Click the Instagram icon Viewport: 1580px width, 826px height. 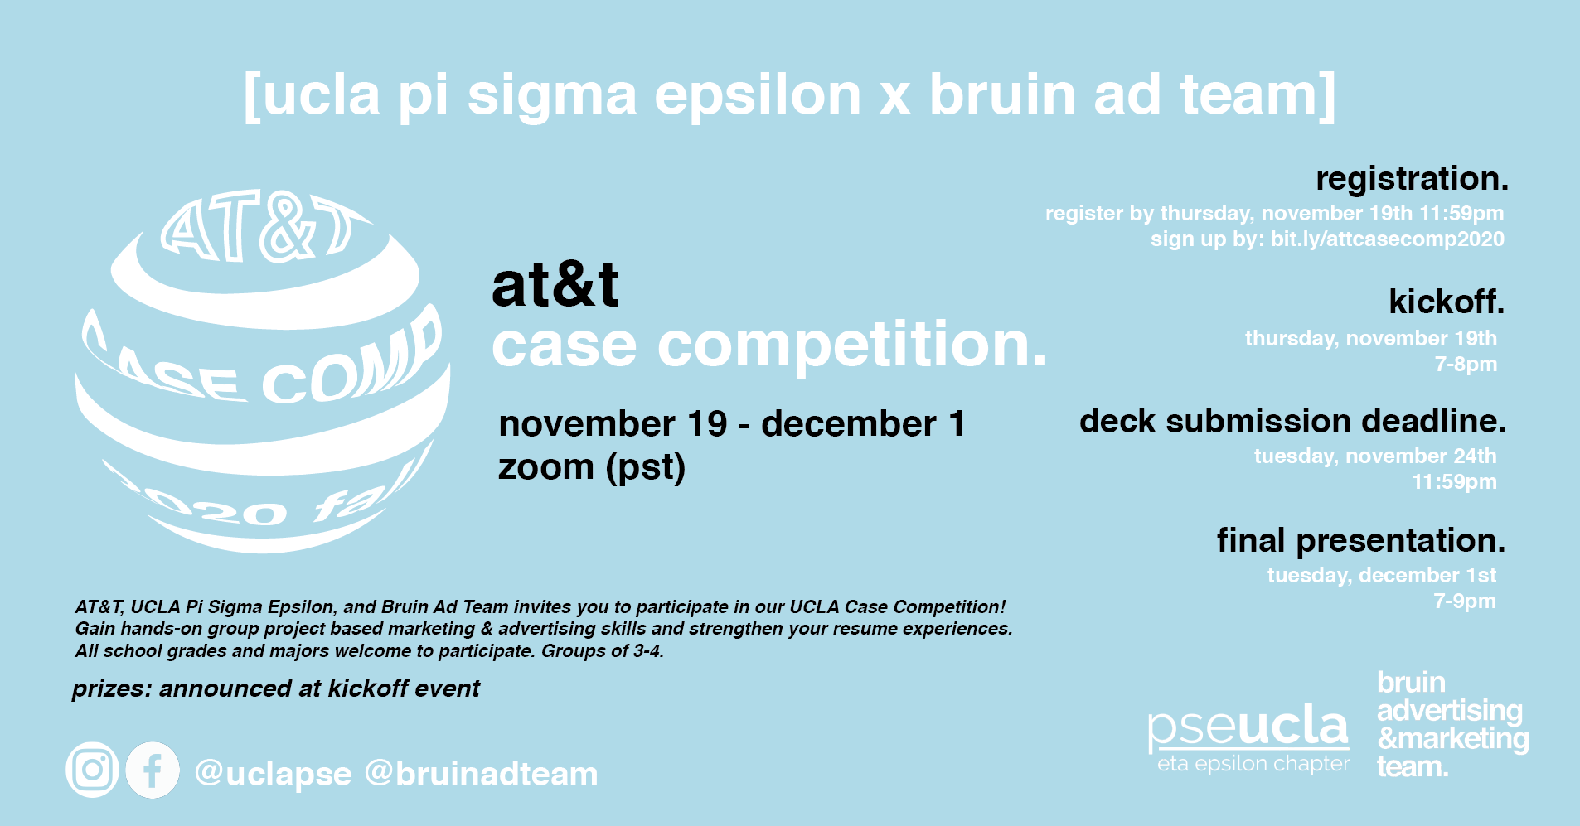tap(92, 770)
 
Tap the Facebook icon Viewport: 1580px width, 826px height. tap(153, 770)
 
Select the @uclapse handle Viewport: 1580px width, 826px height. tap(273, 774)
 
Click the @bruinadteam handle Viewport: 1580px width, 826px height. tap(481, 774)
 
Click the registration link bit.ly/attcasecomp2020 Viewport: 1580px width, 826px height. tap(1387, 239)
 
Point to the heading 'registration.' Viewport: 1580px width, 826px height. tap(1412, 179)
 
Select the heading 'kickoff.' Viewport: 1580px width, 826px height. tap(1446, 302)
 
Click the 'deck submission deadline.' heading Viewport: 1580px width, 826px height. tap(1292, 421)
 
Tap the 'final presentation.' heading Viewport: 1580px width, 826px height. tap(1360, 540)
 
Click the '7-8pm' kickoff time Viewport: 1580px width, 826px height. tap(1466, 365)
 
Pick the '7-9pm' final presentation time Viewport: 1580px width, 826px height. tap(1465, 601)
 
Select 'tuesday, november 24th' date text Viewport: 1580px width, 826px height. tap(1374, 456)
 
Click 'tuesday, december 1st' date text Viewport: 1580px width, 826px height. tap(1381, 575)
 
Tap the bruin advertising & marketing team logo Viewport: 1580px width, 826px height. tap(1452, 724)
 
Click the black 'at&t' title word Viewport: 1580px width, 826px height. tap(555, 285)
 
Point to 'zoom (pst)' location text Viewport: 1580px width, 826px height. tap(591, 467)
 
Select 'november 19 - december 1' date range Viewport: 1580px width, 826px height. tap(731, 424)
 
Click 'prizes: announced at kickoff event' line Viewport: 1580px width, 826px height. tap(275, 688)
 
